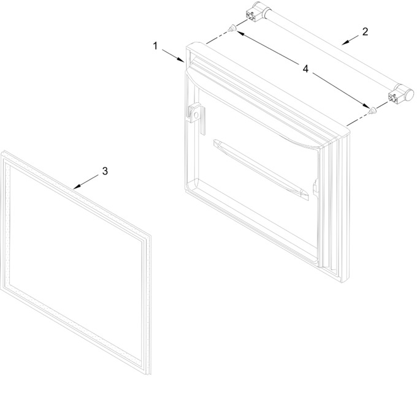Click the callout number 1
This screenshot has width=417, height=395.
click(155, 46)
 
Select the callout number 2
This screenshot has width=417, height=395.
click(365, 32)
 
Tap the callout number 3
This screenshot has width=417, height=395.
click(105, 171)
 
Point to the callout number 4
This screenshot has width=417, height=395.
click(305, 69)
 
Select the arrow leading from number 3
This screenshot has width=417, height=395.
click(86, 182)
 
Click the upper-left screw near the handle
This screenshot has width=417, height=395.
click(232, 28)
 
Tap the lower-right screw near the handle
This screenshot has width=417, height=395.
click(372, 110)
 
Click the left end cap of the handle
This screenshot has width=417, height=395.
click(260, 7)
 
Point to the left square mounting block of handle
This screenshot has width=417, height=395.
click(251, 16)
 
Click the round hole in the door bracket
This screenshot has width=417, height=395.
click(196, 115)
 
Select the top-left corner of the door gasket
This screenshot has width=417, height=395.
click(2, 152)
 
